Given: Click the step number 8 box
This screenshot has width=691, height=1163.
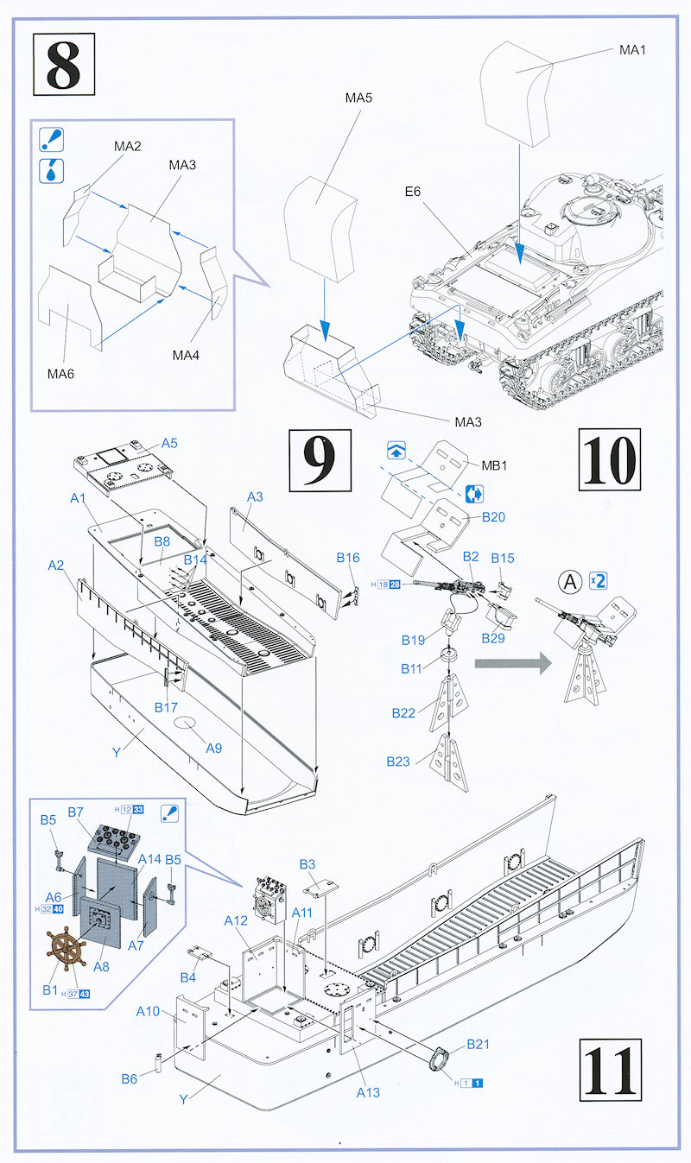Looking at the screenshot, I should [62, 62].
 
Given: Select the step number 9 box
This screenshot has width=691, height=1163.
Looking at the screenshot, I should [320, 459].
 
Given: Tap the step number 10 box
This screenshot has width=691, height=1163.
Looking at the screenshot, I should [609, 459].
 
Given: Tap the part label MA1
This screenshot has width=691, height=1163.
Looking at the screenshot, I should [632, 50].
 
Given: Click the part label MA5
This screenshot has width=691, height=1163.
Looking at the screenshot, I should [358, 98].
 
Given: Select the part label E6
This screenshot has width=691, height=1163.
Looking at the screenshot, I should [411, 192].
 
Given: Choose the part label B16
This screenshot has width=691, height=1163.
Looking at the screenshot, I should [348, 558].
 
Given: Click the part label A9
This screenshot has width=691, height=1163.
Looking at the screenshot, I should [213, 748].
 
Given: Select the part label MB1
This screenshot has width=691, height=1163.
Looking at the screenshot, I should [494, 466].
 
